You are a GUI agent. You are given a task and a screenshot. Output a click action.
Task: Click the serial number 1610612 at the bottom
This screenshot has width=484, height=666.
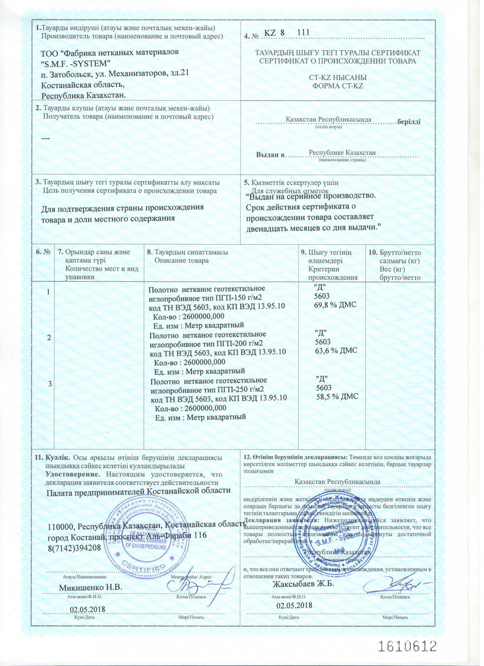pyautogui.click(x=407, y=646)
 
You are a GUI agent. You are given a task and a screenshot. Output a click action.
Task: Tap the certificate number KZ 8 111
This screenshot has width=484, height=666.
pyautogui.click(x=287, y=32)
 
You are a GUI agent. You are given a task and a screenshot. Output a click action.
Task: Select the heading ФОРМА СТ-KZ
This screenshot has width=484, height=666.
pyautogui.click(x=337, y=86)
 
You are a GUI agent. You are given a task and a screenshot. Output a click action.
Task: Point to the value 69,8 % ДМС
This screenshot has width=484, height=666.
pyautogui.click(x=335, y=305)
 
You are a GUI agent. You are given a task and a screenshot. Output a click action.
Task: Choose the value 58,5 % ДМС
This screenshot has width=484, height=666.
pyautogui.click(x=337, y=396)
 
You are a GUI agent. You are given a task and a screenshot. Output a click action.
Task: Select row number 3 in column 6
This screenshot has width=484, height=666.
pyautogui.click(x=50, y=384)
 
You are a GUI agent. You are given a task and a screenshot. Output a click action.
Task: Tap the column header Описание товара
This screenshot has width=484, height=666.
pyautogui.click(x=181, y=261)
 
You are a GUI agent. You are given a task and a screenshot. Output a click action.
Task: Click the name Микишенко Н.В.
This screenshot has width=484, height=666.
pyautogui.click(x=91, y=587)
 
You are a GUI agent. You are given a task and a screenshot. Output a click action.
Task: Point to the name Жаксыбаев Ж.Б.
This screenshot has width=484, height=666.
pyautogui.click(x=303, y=583)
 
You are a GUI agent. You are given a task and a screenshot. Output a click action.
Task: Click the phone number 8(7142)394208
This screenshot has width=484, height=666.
pyautogui.click(x=74, y=547)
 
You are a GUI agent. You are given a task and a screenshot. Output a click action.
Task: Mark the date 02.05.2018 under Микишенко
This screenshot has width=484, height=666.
pyautogui.click(x=87, y=609)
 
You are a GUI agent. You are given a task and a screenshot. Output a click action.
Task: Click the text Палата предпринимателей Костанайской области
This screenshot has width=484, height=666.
pyautogui.click(x=139, y=491)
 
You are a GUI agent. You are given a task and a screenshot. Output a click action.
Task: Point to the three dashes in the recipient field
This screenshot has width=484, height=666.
pyautogui.click(x=45, y=139)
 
